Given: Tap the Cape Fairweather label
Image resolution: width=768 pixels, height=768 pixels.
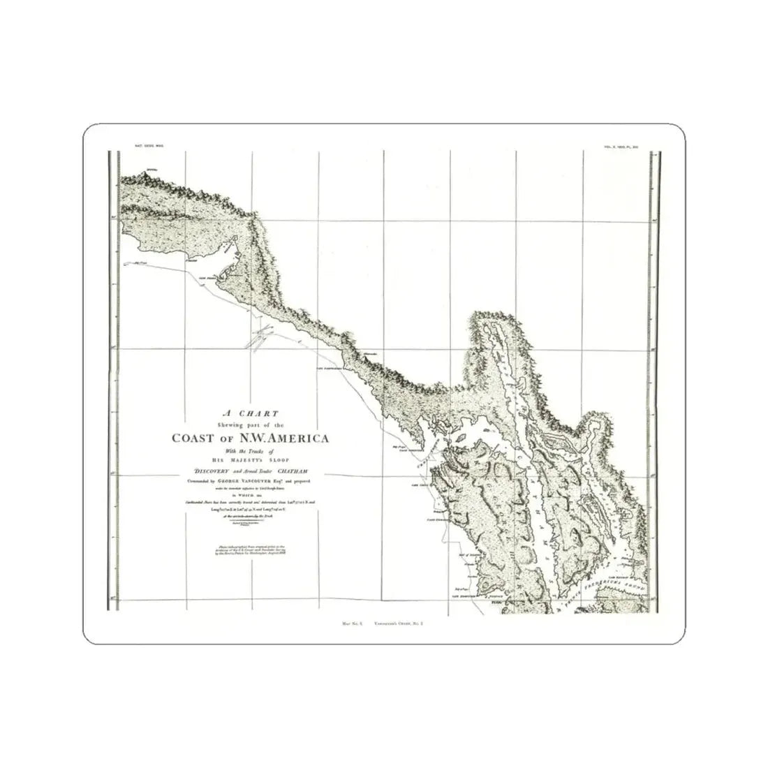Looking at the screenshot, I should (331, 367).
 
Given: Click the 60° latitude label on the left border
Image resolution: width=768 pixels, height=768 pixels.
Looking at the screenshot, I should (113, 217).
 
